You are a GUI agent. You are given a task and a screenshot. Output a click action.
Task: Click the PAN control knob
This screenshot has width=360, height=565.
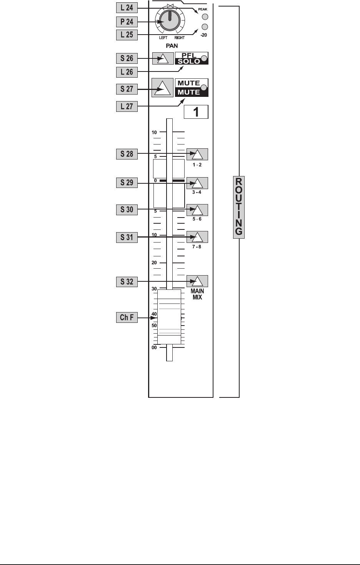(x=166, y=21)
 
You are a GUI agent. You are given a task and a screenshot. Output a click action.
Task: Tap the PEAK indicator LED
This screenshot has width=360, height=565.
(x=205, y=17)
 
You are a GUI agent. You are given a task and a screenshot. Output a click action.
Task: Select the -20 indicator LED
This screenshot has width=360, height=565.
(x=205, y=27)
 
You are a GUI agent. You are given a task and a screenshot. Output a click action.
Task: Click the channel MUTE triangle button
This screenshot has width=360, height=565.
(x=162, y=88)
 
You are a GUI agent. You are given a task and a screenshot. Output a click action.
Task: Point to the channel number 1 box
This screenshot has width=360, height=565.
(x=196, y=112)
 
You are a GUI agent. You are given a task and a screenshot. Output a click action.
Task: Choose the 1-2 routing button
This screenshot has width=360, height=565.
(x=197, y=154)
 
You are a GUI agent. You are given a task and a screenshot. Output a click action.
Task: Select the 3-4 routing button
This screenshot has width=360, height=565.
(x=197, y=183)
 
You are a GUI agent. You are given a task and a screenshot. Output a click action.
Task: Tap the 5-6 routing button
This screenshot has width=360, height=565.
(x=197, y=210)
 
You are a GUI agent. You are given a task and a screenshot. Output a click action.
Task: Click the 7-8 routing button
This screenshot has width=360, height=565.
(x=197, y=237)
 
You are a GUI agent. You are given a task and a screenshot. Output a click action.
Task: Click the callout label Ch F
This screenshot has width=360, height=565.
(x=127, y=317)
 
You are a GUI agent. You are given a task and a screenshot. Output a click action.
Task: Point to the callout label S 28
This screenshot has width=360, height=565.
(x=127, y=154)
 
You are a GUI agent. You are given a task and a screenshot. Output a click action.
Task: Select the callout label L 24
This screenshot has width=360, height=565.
(x=127, y=7)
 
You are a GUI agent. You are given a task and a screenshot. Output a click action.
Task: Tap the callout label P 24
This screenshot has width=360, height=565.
(x=127, y=22)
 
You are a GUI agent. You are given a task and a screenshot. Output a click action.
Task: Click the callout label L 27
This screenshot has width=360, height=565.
(x=127, y=106)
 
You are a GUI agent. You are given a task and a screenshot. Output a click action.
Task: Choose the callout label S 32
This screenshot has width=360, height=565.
(x=127, y=282)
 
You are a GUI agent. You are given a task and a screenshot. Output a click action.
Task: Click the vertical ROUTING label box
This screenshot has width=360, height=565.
(x=239, y=207)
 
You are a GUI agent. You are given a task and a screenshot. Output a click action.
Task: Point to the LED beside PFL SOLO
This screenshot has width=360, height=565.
(x=204, y=59)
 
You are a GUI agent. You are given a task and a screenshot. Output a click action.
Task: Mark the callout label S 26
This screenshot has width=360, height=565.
(x=127, y=58)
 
